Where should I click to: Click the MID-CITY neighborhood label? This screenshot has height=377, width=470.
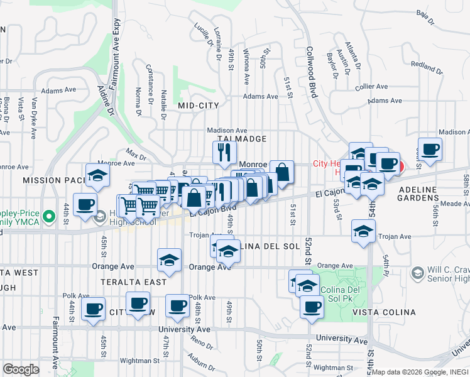coord(199,106)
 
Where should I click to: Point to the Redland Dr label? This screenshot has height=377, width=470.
coord(427,65)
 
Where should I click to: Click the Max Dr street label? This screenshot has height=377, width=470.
coord(135,153)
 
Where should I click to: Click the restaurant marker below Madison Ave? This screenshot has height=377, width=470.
coord(224,152)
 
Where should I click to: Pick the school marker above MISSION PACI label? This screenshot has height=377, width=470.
coord(98,177)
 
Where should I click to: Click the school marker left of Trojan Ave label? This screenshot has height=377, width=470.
coord(363,232)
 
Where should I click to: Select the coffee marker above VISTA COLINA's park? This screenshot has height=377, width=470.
coord(311,307)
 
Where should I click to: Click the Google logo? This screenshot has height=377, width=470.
coord(21,369)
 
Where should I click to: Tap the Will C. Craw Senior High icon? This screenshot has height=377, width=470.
coord(417,273)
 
